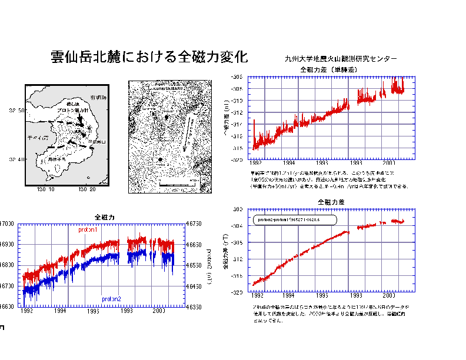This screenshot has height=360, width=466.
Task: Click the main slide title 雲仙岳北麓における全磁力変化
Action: [149, 58]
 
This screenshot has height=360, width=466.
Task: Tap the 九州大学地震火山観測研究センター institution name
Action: [341, 59]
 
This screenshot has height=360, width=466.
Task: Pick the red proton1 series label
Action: [88, 230]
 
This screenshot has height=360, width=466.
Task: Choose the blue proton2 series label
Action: [111, 299]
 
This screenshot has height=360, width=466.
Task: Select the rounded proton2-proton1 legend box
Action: [295, 219]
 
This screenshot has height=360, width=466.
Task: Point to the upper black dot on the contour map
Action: [166, 118]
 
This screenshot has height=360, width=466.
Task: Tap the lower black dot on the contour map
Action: [160, 159]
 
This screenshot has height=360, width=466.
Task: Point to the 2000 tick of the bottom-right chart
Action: [390, 297]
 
